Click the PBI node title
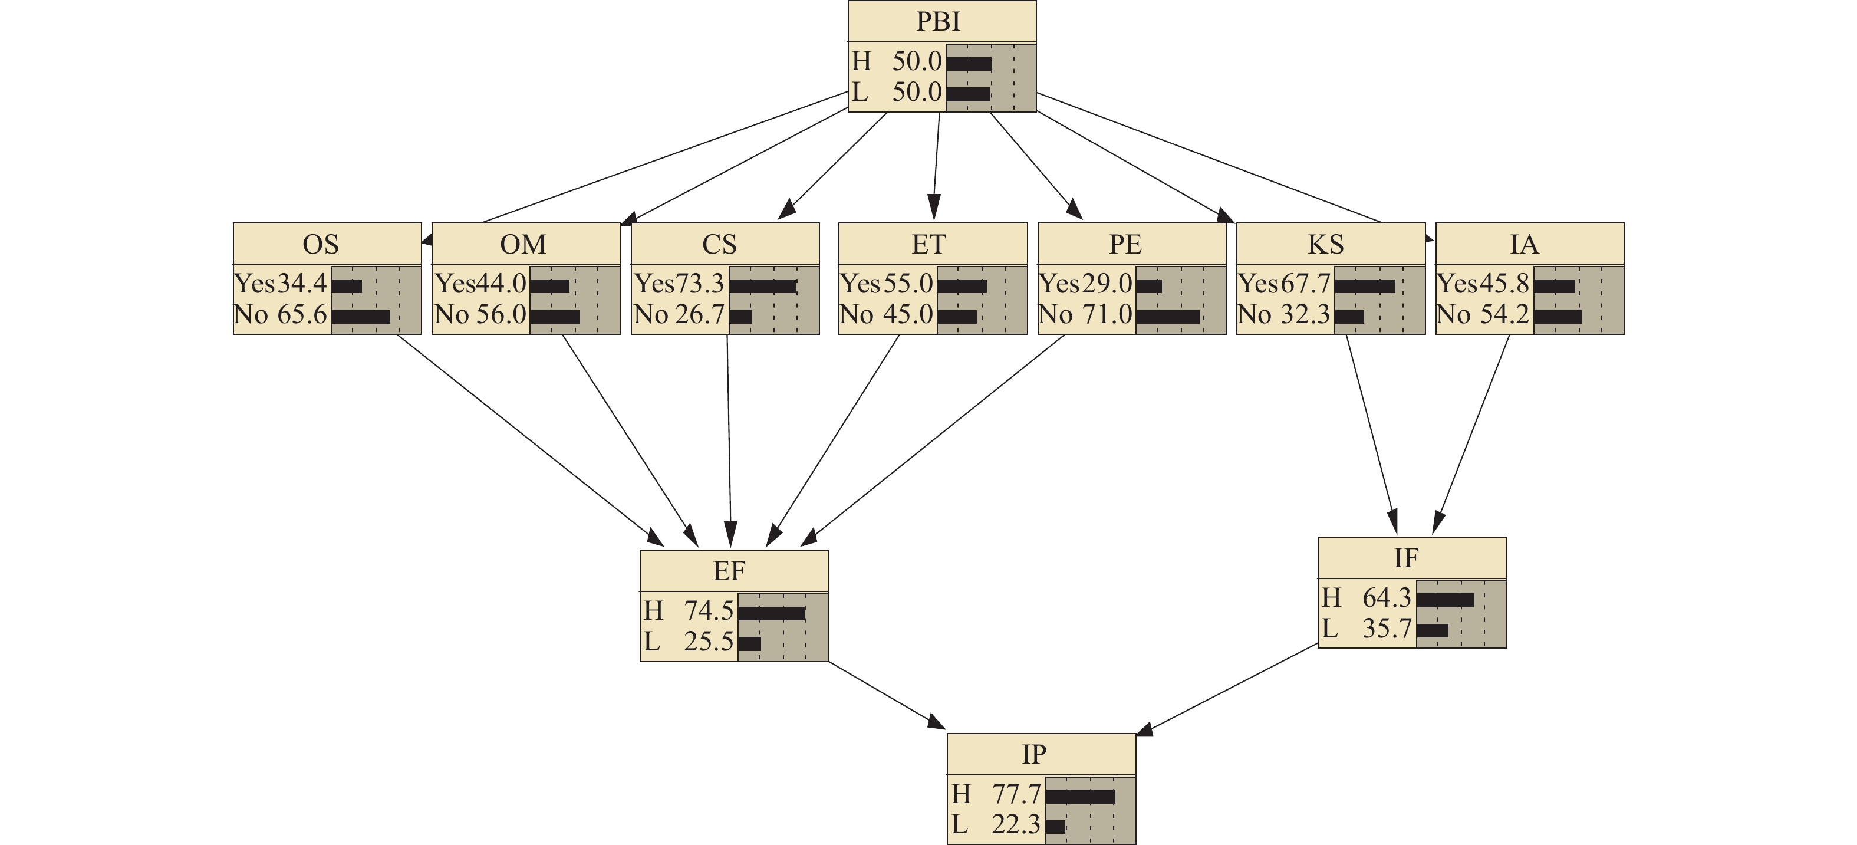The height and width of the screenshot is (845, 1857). [938, 22]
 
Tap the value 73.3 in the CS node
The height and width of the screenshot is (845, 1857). [699, 284]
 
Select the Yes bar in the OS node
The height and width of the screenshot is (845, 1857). [346, 286]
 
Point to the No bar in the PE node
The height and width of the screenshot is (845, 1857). [1167, 317]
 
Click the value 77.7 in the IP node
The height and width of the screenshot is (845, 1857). [1016, 794]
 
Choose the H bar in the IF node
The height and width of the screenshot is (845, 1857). [1445, 600]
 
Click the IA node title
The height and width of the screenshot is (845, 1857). [1524, 244]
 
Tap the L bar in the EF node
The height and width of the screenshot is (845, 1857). [749, 643]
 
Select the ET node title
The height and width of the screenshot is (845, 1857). [928, 244]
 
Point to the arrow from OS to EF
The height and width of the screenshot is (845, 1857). [530, 436]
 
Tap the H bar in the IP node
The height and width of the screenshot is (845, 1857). [1080, 797]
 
